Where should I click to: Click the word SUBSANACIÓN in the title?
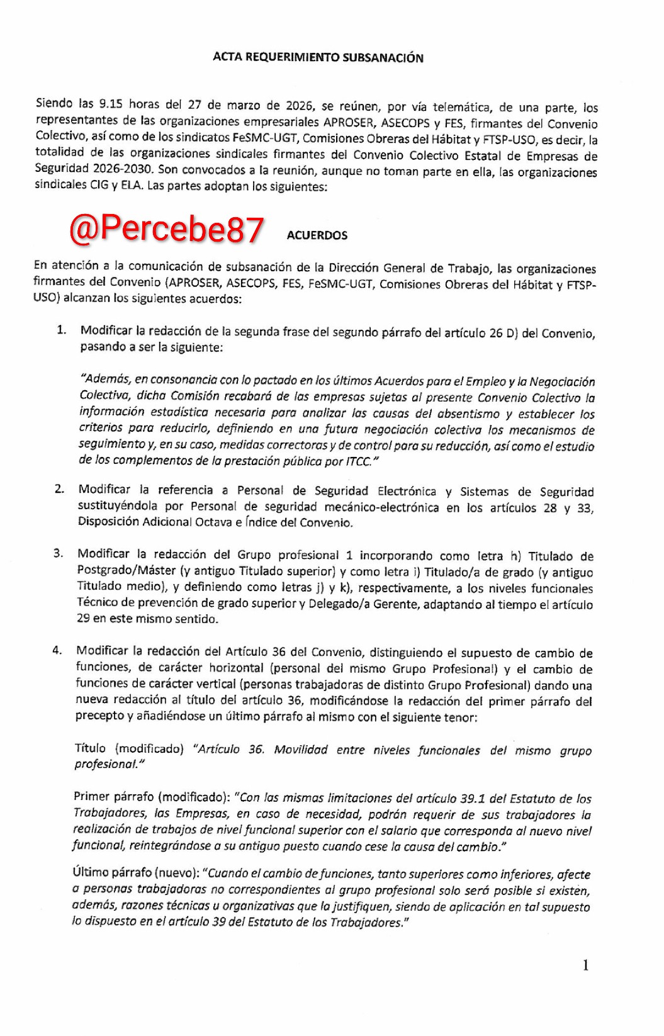click(x=383, y=58)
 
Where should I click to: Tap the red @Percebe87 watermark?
click(x=166, y=229)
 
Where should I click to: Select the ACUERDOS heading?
click(x=317, y=235)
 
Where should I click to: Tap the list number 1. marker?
click(x=61, y=330)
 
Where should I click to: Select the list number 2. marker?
click(x=59, y=489)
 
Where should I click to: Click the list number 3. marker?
click(x=58, y=553)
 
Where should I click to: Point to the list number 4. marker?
click(x=57, y=650)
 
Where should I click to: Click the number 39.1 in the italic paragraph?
click(x=473, y=799)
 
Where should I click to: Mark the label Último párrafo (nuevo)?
click(x=135, y=873)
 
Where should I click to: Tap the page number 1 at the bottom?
click(x=586, y=966)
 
